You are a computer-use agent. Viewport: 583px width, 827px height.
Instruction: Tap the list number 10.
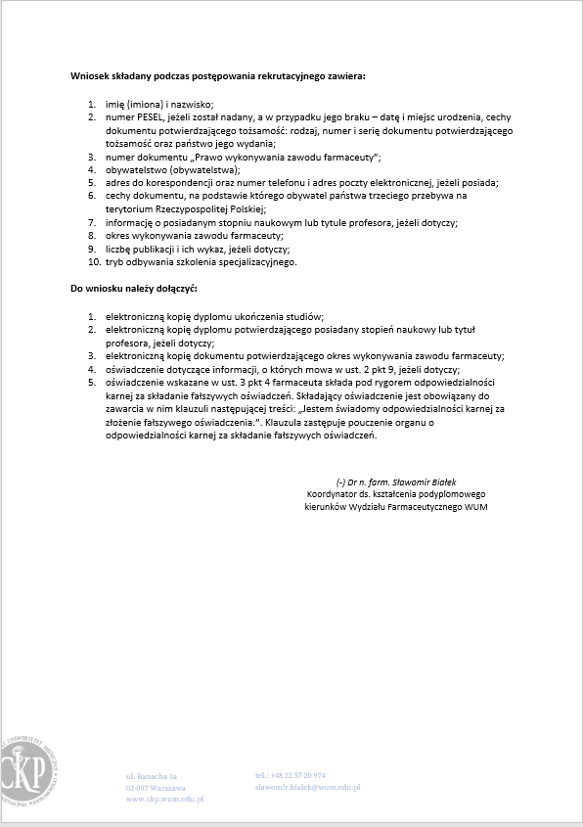[94, 262]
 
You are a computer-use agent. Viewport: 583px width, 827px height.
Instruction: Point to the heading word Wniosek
[90, 75]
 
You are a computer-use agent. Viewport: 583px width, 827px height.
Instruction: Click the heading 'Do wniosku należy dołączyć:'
[134, 290]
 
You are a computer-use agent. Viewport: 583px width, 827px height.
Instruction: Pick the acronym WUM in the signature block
[475, 507]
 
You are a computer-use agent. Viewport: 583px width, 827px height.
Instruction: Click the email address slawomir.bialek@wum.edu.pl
[308, 787]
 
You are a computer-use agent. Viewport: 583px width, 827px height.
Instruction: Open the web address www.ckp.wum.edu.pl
[164, 799]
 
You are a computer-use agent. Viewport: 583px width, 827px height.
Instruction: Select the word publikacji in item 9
[151, 249]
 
